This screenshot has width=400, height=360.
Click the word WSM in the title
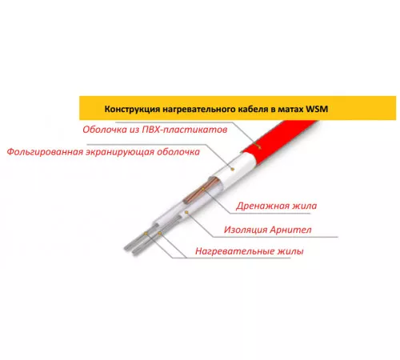(x=317, y=109)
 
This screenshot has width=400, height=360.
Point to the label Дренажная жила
(x=276, y=206)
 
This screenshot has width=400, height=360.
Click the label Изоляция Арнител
(x=267, y=230)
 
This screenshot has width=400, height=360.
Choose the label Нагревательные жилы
(x=250, y=251)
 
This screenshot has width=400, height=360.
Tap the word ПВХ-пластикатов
(x=185, y=130)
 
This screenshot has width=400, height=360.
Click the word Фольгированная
(x=45, y=152)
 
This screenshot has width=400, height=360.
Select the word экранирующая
(x=120, y=152)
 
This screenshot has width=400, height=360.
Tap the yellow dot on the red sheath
(x=258, y=146)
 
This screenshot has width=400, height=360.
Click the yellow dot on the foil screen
(x=233, y=169)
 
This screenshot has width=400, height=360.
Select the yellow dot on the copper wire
(x=202, y=189)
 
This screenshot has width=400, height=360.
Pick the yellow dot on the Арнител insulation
(x=186, y=212)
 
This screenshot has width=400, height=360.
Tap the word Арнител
(x=290, y=230)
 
